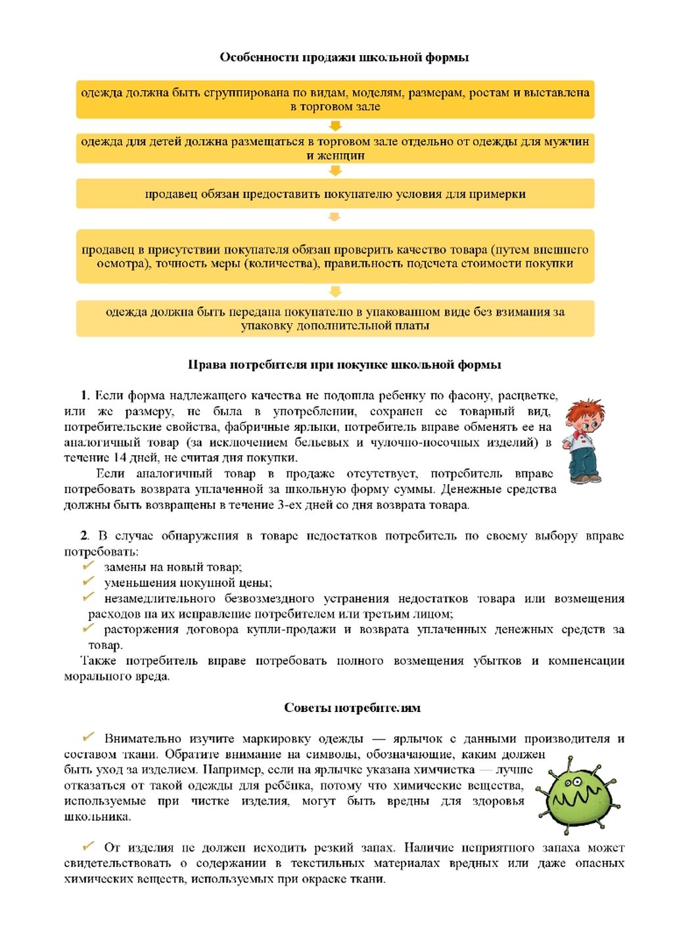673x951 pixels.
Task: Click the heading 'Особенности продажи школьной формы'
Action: click(344, 57)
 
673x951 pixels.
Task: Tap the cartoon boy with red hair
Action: click(584, 441)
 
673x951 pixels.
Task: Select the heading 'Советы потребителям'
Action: click(352, 707)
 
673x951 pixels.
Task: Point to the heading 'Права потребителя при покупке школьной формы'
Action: click(344, 365)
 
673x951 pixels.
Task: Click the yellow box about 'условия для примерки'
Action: click(335, 194)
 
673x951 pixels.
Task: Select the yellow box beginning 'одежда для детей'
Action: click(335, 148)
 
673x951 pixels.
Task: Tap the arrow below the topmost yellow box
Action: click(335, 126)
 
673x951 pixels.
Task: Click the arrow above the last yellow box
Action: click(335, 292)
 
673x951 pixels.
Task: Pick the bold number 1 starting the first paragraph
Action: click(85, 395)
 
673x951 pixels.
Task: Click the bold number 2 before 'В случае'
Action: click(84, 536)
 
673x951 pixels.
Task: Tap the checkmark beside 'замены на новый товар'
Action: click(89, 566)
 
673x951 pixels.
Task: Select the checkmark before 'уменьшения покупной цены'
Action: click(89, 582)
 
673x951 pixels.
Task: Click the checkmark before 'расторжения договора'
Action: click(89, 629)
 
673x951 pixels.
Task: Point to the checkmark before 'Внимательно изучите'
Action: click(89, 738)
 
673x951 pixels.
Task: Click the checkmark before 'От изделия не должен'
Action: click(89, 847)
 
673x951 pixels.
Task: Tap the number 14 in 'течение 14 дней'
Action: click(120, 458)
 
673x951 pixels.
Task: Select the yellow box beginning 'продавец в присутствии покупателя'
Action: click(335, 256)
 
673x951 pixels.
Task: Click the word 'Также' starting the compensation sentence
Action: click(99, 661)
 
